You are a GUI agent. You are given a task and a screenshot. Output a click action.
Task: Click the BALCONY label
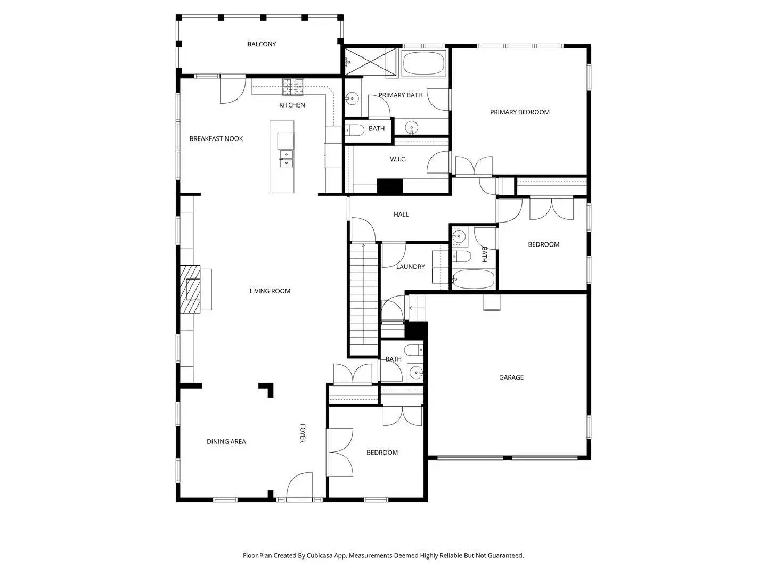[262, 44]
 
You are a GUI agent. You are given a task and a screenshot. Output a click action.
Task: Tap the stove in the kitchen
[293, 86]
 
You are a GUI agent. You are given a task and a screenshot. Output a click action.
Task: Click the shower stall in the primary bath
[371, 60]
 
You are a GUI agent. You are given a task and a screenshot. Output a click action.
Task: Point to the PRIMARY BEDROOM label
[519, 112]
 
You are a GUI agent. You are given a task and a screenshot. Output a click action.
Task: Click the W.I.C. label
[398, 159]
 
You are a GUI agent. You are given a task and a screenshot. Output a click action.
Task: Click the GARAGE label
[511, 377]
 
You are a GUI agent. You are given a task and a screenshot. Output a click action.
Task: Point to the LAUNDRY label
[410, 267]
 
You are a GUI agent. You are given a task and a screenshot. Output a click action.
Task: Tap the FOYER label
[302, 433]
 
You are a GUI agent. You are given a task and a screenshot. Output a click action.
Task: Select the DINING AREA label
[226, 441]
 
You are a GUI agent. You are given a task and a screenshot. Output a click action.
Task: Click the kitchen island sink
[285, 159]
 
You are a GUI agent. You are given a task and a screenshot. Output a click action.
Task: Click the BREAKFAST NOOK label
[216, 138]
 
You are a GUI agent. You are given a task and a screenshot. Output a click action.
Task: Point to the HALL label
[401, 214]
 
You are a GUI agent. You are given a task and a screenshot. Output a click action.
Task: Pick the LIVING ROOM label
[270, 291]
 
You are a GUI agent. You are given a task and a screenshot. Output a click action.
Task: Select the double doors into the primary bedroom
[474, 165]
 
